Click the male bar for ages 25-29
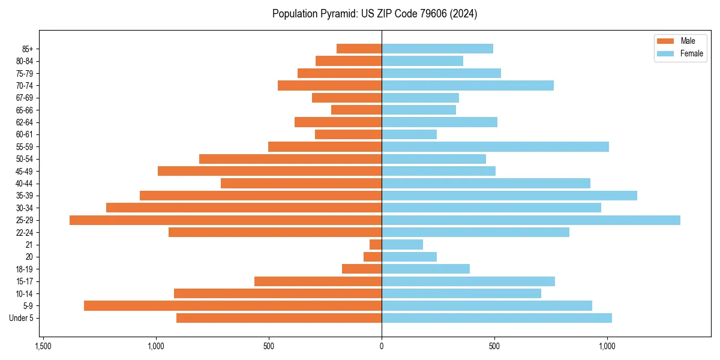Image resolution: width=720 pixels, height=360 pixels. [x=226, y=220]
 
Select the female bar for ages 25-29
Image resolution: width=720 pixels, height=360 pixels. [x=531, y=220]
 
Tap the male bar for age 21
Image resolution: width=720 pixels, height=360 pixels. [x=376, y=245]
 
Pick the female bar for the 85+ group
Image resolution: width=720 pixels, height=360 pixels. [x=437, y=49]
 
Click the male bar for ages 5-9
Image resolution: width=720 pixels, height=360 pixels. [x=233, y=305]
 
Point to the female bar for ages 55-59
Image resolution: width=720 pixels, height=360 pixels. [x=495, y=146]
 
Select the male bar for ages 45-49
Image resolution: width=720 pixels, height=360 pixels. [x=269, y=171]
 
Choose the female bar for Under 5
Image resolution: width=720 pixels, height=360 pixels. [x=497, y=318]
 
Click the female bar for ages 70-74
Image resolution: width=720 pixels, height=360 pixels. [x=467, y=85]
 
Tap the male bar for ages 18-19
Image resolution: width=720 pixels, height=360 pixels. [x=362, y=269]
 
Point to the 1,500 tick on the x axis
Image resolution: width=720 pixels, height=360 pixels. [x=43, y=346]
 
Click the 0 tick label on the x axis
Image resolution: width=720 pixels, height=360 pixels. [x=382, y=346]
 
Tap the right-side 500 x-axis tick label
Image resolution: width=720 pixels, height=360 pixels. [x=494, y=346]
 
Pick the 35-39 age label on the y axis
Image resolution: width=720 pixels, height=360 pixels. [x=25, y=196]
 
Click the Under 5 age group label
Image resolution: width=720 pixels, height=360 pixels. [x=22, y=318]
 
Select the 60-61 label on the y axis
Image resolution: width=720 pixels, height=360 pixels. [x=25, y=134]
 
